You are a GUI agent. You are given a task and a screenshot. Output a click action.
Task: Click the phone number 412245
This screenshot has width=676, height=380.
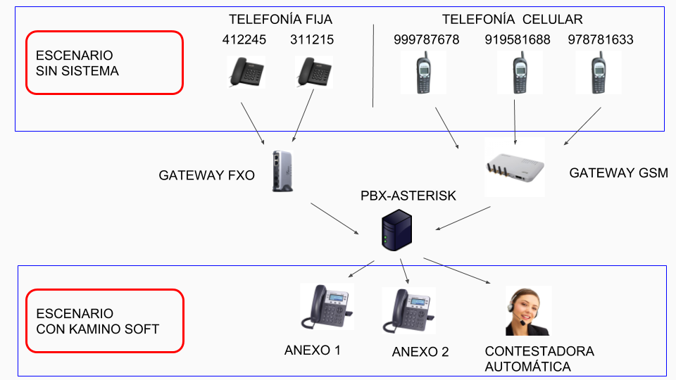[244, 40]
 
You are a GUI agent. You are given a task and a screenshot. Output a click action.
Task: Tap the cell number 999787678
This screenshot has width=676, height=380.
[426, 40]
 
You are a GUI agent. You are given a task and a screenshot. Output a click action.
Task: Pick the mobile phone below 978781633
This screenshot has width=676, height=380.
[598, 73]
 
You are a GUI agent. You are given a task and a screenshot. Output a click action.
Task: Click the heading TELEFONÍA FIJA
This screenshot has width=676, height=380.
[280, 19]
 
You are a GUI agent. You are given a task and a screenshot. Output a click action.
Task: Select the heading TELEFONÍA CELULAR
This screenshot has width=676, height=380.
[512, 19]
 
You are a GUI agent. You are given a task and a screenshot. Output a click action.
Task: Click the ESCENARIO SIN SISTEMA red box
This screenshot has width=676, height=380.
[104, 63]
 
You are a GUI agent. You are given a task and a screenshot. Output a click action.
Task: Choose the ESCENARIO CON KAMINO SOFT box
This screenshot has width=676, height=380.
[104, 321]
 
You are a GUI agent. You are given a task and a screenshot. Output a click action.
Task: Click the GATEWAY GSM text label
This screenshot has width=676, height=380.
[618, 172]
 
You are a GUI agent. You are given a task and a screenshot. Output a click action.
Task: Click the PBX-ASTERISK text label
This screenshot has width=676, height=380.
[408, 196]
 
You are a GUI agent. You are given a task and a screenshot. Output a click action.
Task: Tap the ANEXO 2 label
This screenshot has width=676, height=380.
[420, 352]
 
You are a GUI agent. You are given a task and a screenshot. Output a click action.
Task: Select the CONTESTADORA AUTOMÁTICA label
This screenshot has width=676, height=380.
[539, 359]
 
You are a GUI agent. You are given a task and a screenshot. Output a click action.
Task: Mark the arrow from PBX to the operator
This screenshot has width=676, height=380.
[457, 271]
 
